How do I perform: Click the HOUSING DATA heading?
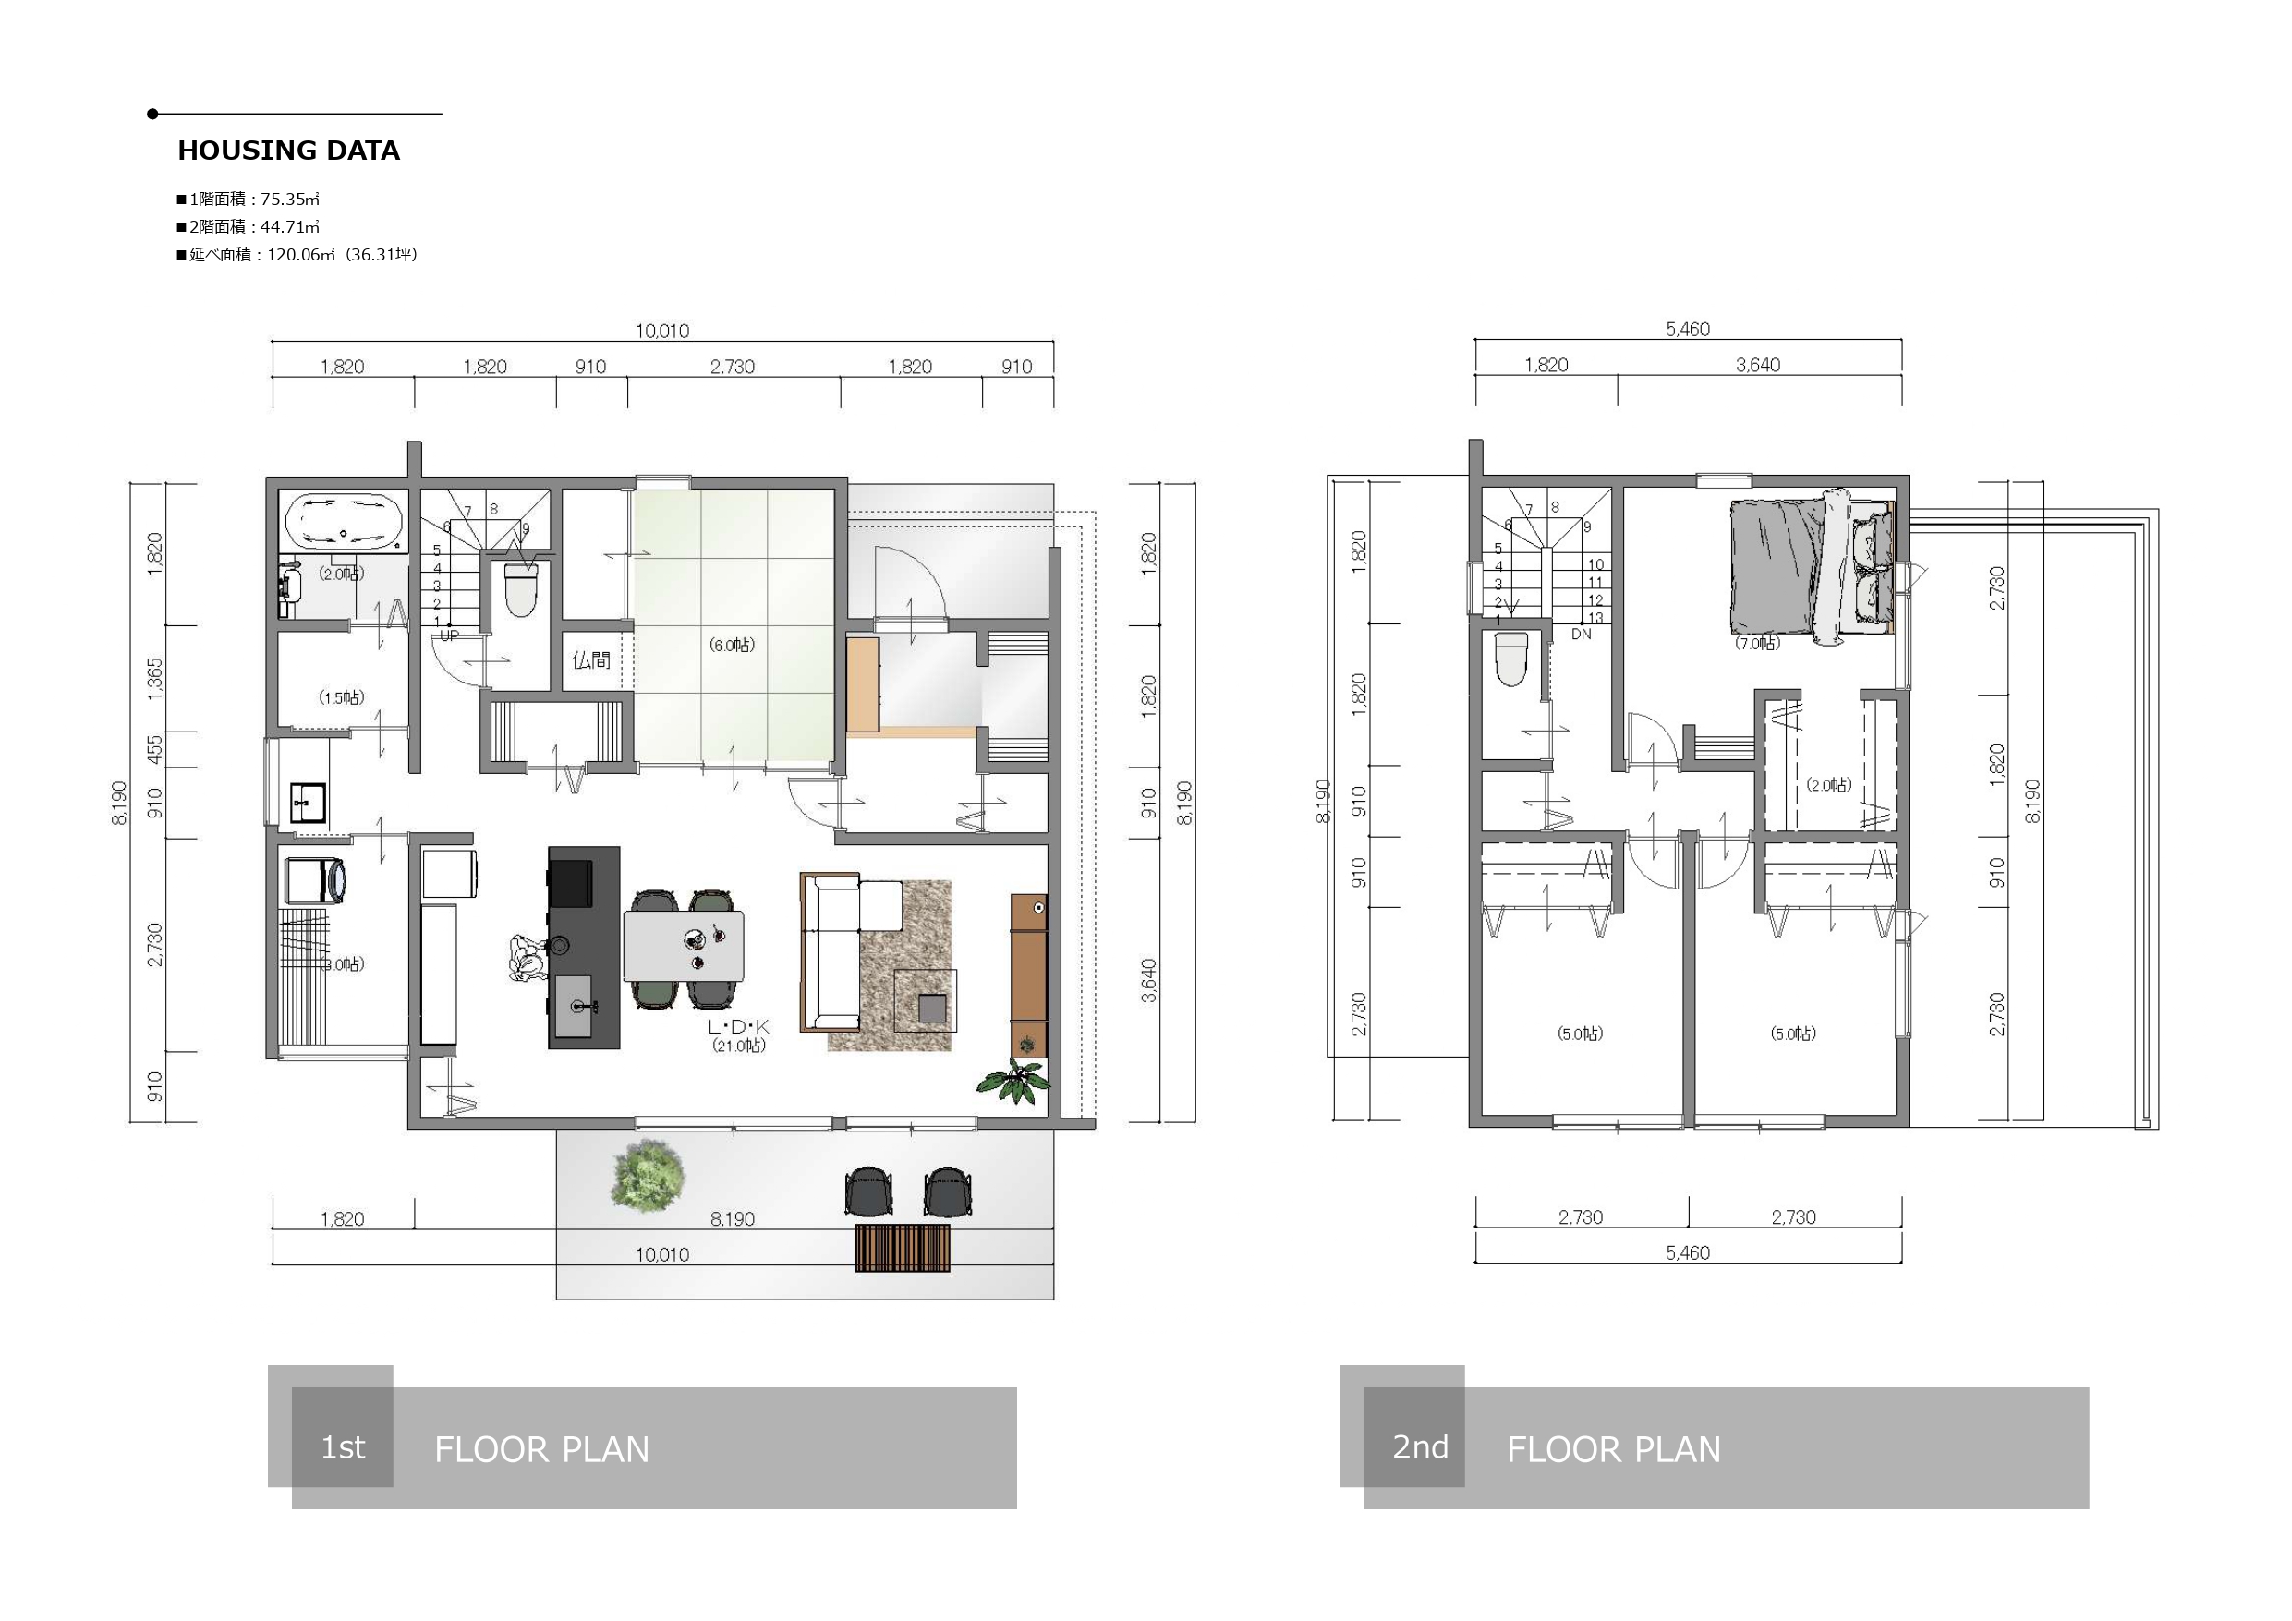(288, 151)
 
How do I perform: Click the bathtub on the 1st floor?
(345, 521)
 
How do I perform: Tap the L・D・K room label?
(739, 1026)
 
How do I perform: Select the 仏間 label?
(591, 659)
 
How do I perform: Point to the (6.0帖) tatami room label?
(732, 645)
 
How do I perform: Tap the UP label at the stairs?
(449, 635)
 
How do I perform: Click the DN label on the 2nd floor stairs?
(1582, 634)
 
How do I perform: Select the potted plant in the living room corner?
(1013, 1081)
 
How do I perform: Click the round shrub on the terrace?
(649, 1173)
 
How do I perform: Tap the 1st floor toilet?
(521, 589)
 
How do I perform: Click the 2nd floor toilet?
(1511, 659)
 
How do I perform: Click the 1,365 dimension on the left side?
(154, 679)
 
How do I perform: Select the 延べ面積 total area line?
(297, 255)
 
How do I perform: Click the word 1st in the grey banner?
(343, 1447)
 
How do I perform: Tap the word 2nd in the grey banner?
(1421, 1446)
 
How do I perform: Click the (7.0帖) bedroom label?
(1757, 644)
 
